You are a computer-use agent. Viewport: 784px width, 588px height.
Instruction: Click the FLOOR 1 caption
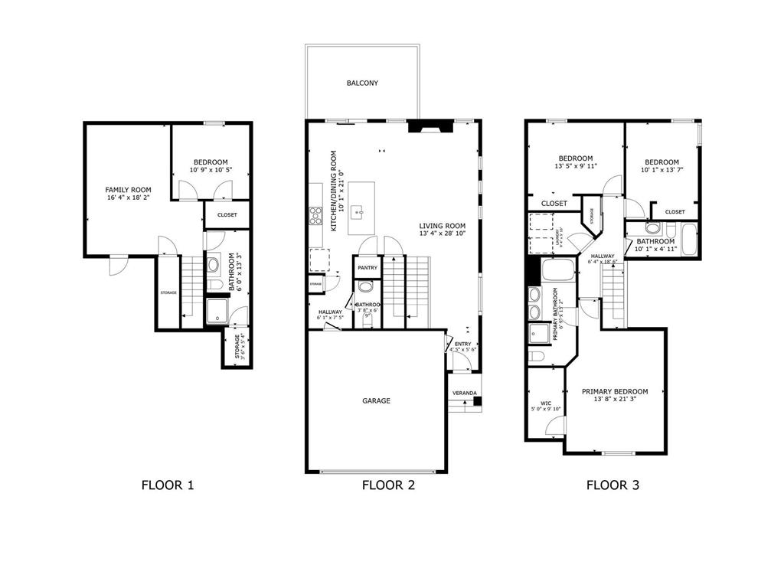(168, 485)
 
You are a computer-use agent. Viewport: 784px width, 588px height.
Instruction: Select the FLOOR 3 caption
(612, 485)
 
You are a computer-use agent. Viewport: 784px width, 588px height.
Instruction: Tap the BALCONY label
(362, 83)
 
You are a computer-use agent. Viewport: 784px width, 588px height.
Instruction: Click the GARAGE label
(376, 400)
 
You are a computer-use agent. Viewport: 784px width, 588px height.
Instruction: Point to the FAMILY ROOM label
(128, 189)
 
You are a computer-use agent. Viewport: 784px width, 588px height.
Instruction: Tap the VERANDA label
(464, 393)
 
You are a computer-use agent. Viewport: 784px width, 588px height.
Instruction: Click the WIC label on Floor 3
(545, 403)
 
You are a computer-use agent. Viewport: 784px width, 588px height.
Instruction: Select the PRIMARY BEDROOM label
(614, 391)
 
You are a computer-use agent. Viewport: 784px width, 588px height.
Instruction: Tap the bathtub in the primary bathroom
(557, 271)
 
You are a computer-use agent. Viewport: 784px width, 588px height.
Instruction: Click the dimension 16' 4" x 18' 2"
(128, 198)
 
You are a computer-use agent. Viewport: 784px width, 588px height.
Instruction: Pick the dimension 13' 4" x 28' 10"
(443, 233)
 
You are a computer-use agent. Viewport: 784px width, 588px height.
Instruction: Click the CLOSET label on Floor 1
(227, 215)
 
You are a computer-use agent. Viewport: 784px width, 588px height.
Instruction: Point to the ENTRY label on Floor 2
(462, 345)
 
